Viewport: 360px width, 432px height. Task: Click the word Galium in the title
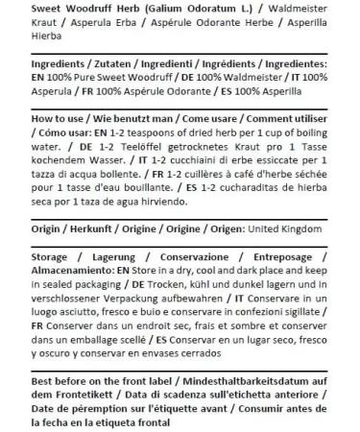pos(159,10)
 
